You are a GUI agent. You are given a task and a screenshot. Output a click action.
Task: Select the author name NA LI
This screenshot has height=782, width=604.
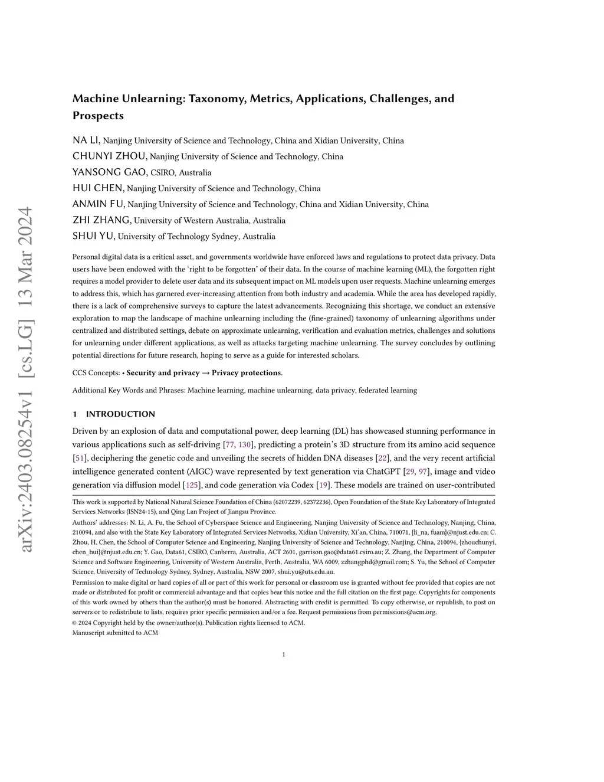pos(86,140)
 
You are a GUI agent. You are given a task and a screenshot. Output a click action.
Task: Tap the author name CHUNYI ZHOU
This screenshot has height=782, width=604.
pos(109,156)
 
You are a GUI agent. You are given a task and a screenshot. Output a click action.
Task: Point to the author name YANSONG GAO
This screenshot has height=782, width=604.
pos(109,172)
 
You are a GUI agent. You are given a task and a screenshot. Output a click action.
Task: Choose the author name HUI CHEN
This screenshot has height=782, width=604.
pos(98,188)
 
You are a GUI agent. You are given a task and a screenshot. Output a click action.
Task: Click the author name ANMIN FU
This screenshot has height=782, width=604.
pos(99,204)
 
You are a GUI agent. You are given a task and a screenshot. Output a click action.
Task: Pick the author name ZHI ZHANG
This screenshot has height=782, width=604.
pos(101,220)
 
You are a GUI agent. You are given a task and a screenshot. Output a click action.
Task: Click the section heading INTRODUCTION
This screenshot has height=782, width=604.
pos(120,414)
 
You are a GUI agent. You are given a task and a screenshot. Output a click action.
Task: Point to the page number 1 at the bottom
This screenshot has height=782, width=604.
pos(284,655)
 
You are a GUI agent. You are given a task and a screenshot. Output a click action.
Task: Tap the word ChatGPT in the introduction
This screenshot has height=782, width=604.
pos(383,472)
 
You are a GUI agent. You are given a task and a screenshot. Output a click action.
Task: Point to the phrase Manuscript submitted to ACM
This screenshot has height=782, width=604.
pos(115,633)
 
